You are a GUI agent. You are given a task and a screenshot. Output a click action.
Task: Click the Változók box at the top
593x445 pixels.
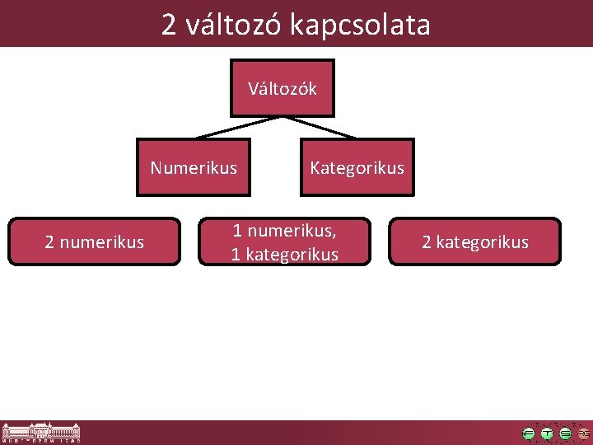click(282, 88)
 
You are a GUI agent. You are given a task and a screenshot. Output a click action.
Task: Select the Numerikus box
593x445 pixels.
click(194, 168)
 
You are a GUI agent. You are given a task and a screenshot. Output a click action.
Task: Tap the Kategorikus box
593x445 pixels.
click(357, 168)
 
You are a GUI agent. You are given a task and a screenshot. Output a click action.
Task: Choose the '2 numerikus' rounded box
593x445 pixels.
click(94, 241)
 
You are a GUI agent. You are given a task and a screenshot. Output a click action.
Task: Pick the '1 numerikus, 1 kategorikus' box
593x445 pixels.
click(284, 241)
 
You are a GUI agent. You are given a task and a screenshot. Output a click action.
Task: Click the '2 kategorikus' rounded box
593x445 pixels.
click(474, 241)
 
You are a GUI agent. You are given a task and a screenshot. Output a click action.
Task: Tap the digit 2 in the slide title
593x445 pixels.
click(169, 25)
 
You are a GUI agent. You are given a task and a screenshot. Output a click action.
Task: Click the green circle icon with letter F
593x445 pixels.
click(529, 433)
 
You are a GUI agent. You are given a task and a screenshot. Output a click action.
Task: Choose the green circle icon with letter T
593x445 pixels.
click(547, 433)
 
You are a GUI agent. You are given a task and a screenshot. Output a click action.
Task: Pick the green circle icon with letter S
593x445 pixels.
click(565, 433)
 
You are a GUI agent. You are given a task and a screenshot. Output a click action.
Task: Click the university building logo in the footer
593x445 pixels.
click(41, 433)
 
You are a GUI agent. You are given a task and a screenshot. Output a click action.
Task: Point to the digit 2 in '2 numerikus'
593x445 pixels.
click(50, 242)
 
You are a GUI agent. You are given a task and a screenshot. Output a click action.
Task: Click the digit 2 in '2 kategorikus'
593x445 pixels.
click(427, 242)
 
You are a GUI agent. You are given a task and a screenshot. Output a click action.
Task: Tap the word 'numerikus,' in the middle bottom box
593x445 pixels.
click(291, 230)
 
